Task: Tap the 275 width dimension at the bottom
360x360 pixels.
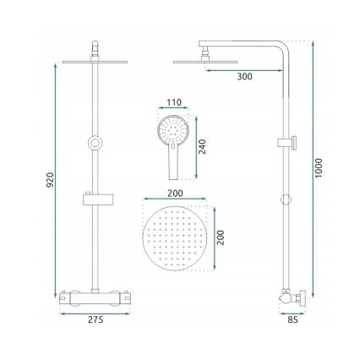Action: pyautogui.click(x=95, y=319)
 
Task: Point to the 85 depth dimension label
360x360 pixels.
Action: pyautogui.click(x=293, y=319)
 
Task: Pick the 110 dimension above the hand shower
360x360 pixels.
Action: pyautogui.click(x=174, y=102)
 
